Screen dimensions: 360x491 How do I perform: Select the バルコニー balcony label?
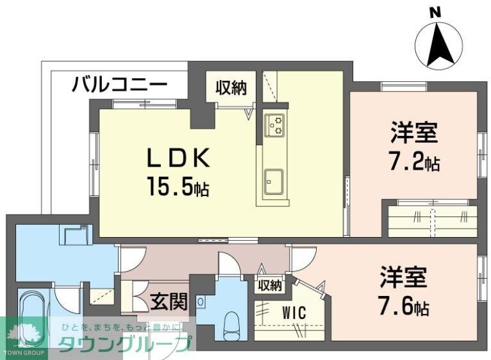pos(120,84)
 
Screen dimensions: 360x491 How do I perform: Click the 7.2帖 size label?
pos(415,163)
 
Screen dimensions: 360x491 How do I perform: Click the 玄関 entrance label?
pos(170,300)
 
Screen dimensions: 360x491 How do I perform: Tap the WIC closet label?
pos(294,314)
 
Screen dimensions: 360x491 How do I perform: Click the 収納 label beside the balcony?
pos(231,88)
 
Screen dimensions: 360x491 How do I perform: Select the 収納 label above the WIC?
pos(269,286)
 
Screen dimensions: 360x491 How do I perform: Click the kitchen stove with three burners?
pos(276,124)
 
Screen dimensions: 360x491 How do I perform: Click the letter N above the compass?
pos(435,12)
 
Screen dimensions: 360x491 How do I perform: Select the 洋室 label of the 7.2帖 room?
pos(415,133)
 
